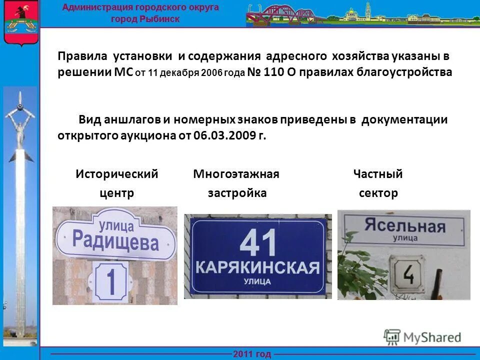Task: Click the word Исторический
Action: pos(117,174)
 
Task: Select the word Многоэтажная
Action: pos(236,174)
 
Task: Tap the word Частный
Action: pos(377,174)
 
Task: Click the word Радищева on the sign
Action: pos(115,241)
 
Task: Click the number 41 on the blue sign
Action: pos(258,243)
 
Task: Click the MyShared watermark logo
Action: pos(422,337)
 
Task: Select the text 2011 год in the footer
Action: pos(252,354)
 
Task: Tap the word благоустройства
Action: pos(404,72)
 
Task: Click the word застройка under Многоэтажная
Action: pos(237,193)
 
